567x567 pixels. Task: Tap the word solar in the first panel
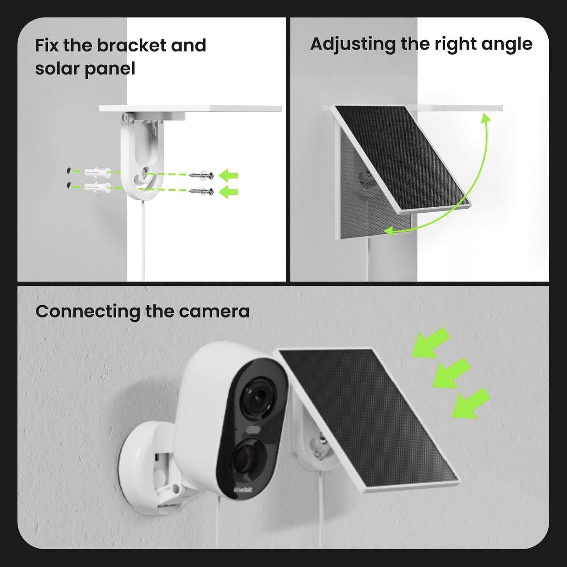tap(57, 69)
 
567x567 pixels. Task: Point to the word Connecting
tap(88, 312)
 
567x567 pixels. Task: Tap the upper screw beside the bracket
tap(201, 175)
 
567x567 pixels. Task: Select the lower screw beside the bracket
tap(201, 191)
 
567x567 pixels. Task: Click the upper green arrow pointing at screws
tap(229, 176)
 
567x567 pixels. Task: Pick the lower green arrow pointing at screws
tap(229, 192)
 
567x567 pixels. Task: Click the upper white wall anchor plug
tap(97, 172)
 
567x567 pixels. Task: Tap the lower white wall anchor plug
tap(97, 186)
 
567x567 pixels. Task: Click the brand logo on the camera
tap(243, 490)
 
